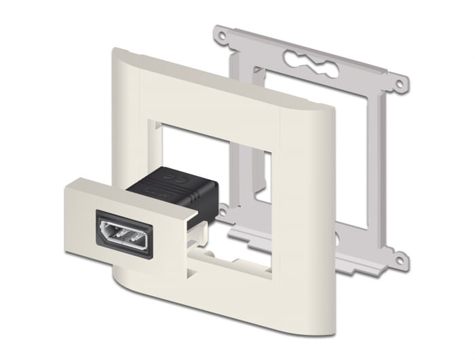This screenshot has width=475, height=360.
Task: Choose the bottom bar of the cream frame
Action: (x=224, y=299)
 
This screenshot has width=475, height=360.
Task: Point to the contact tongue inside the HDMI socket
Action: (x=129, y=236)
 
